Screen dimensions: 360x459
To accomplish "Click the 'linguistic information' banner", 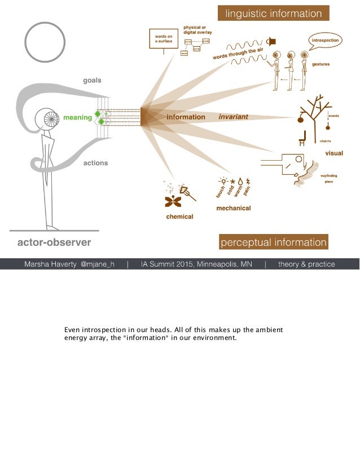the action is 274,14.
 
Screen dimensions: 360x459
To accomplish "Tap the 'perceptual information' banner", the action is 274,242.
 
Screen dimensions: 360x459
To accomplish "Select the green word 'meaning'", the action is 77,117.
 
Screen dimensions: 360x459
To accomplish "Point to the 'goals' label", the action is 93,81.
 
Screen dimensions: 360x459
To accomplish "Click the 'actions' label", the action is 95,163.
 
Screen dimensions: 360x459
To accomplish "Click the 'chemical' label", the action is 179,217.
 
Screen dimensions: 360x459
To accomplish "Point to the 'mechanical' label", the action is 234,208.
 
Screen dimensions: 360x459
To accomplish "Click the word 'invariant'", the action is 233,117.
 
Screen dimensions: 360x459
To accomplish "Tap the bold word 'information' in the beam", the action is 186,117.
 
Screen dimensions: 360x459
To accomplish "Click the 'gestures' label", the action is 321,64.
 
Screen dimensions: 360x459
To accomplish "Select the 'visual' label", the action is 333,153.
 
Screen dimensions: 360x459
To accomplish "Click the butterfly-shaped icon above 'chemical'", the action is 173,201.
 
